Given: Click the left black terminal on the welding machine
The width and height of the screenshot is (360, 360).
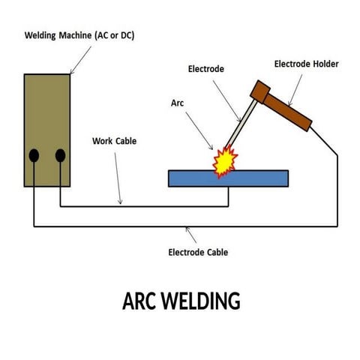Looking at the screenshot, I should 34,156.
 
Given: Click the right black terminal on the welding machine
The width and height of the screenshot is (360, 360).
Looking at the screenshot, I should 60,156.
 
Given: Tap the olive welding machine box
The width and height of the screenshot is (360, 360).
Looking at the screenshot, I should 46,112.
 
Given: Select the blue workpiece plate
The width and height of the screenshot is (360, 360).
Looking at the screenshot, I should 255,178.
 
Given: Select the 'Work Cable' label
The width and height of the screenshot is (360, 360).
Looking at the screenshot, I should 113,140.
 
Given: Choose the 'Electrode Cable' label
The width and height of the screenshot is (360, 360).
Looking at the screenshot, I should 198,252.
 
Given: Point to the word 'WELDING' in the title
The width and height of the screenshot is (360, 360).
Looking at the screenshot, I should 200,301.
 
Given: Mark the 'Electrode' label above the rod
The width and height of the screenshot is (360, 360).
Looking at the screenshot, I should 206,69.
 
